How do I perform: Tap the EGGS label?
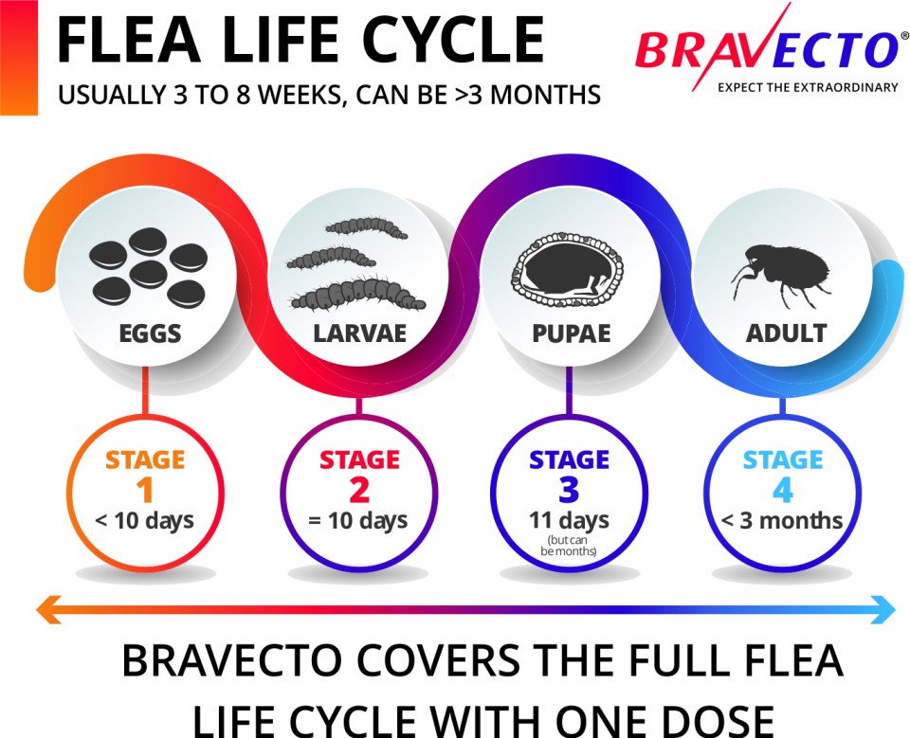click(150, 333)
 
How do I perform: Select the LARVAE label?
click(360, 333)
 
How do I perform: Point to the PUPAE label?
click(572, 333)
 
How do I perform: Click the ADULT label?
click(786, 333)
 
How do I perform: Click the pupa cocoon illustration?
click(568, 269)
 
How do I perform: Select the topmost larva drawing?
click(366, 227)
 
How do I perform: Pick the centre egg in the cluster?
click(149, 274)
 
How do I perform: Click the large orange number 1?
click(144, 490)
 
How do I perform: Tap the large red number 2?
click(359, 490)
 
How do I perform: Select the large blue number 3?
click(569, 490)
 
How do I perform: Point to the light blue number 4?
click(783, 490)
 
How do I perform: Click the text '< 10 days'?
click(144, 521)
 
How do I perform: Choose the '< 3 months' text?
click(782, 521)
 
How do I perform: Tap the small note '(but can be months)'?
click(568, 546)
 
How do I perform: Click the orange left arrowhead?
click(48, 610)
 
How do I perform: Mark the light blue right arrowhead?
click(883, 610)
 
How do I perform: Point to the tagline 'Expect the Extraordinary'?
click(808, 87)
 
